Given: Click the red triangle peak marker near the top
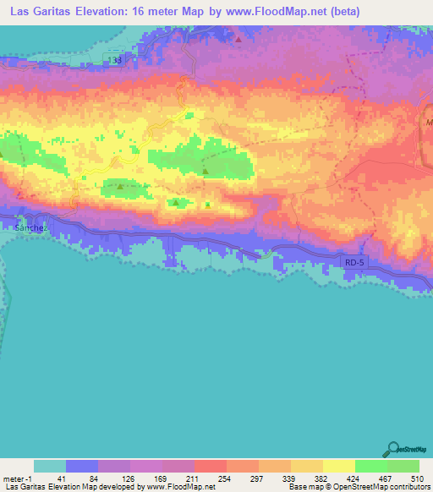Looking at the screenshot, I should pos(240,39).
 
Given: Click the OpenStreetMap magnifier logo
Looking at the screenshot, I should pos(395,449).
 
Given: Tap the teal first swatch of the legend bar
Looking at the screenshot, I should pos(50,466).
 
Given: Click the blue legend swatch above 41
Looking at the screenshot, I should pos(82,466).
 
